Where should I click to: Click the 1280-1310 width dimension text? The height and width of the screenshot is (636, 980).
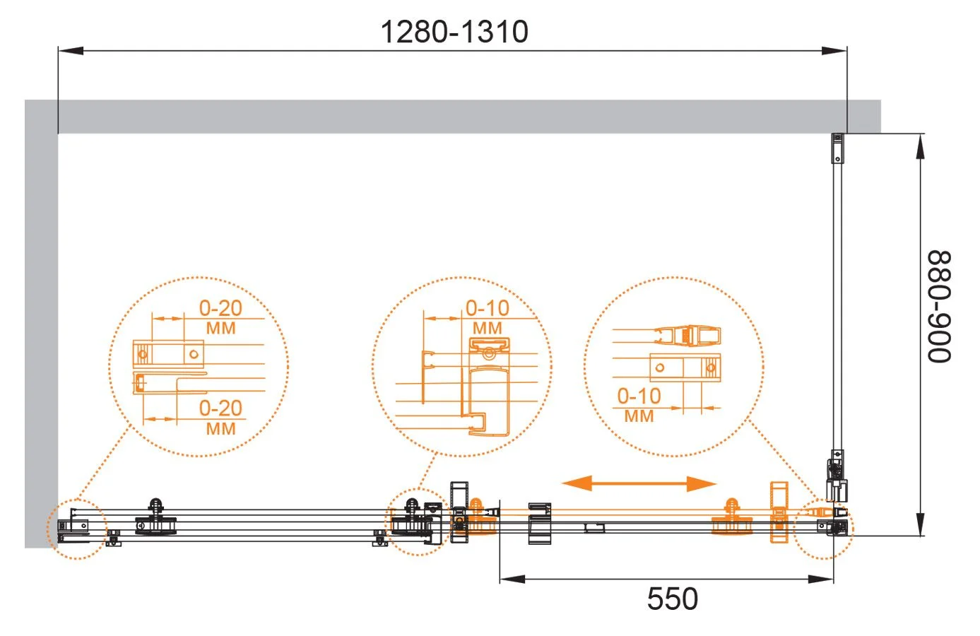[454, 32]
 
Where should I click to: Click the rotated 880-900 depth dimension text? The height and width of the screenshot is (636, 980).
[939, 307]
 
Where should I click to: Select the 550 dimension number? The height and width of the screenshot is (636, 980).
[673, 599]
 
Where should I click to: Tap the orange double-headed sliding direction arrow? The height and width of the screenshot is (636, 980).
[639, 483]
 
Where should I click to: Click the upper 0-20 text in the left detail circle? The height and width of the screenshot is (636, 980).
[220, 308]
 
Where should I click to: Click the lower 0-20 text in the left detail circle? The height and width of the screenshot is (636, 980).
[220, 408]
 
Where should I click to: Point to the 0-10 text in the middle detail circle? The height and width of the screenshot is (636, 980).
[488, 308]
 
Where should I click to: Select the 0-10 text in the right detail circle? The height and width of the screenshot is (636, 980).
[639, 396]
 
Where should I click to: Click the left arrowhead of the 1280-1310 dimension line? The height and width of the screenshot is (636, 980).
[71, 51]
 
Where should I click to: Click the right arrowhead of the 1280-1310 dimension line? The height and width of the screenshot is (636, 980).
[834, 51]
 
